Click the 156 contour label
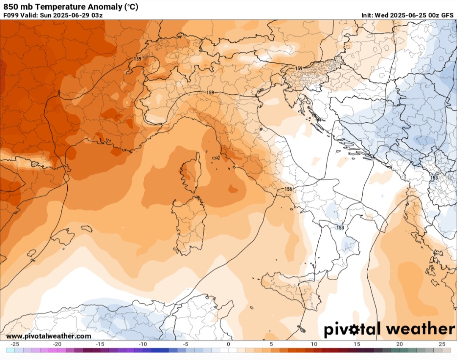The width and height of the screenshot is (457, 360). pos(288,189)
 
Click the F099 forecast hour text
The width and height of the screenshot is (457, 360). pos(11,15)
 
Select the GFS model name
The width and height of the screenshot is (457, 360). pos(447,15)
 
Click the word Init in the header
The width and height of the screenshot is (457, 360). pos(367,15)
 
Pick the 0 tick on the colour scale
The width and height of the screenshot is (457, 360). pos(228,344)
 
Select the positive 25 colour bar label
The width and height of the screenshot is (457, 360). pos(442,344)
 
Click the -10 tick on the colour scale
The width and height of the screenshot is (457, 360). pos(143,344)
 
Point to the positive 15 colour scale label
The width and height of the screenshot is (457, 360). pos(357,344)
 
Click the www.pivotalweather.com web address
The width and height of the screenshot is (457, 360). pos(49,336)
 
